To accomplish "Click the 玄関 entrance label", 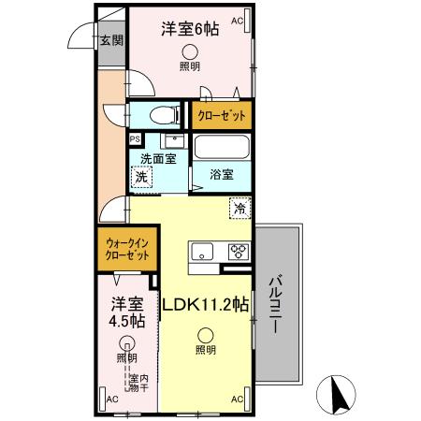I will point(110,40).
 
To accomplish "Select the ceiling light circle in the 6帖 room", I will point(190,51).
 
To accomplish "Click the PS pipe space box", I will point(135,138).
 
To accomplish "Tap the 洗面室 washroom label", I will point(158,158).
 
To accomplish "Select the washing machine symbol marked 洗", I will point(141,176).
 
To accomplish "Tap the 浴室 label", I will point(221,173).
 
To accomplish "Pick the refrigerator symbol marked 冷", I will point(240,210).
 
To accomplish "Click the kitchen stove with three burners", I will point(238,251).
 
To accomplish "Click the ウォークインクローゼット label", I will point(125,251).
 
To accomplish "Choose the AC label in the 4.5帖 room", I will point(111,399).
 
